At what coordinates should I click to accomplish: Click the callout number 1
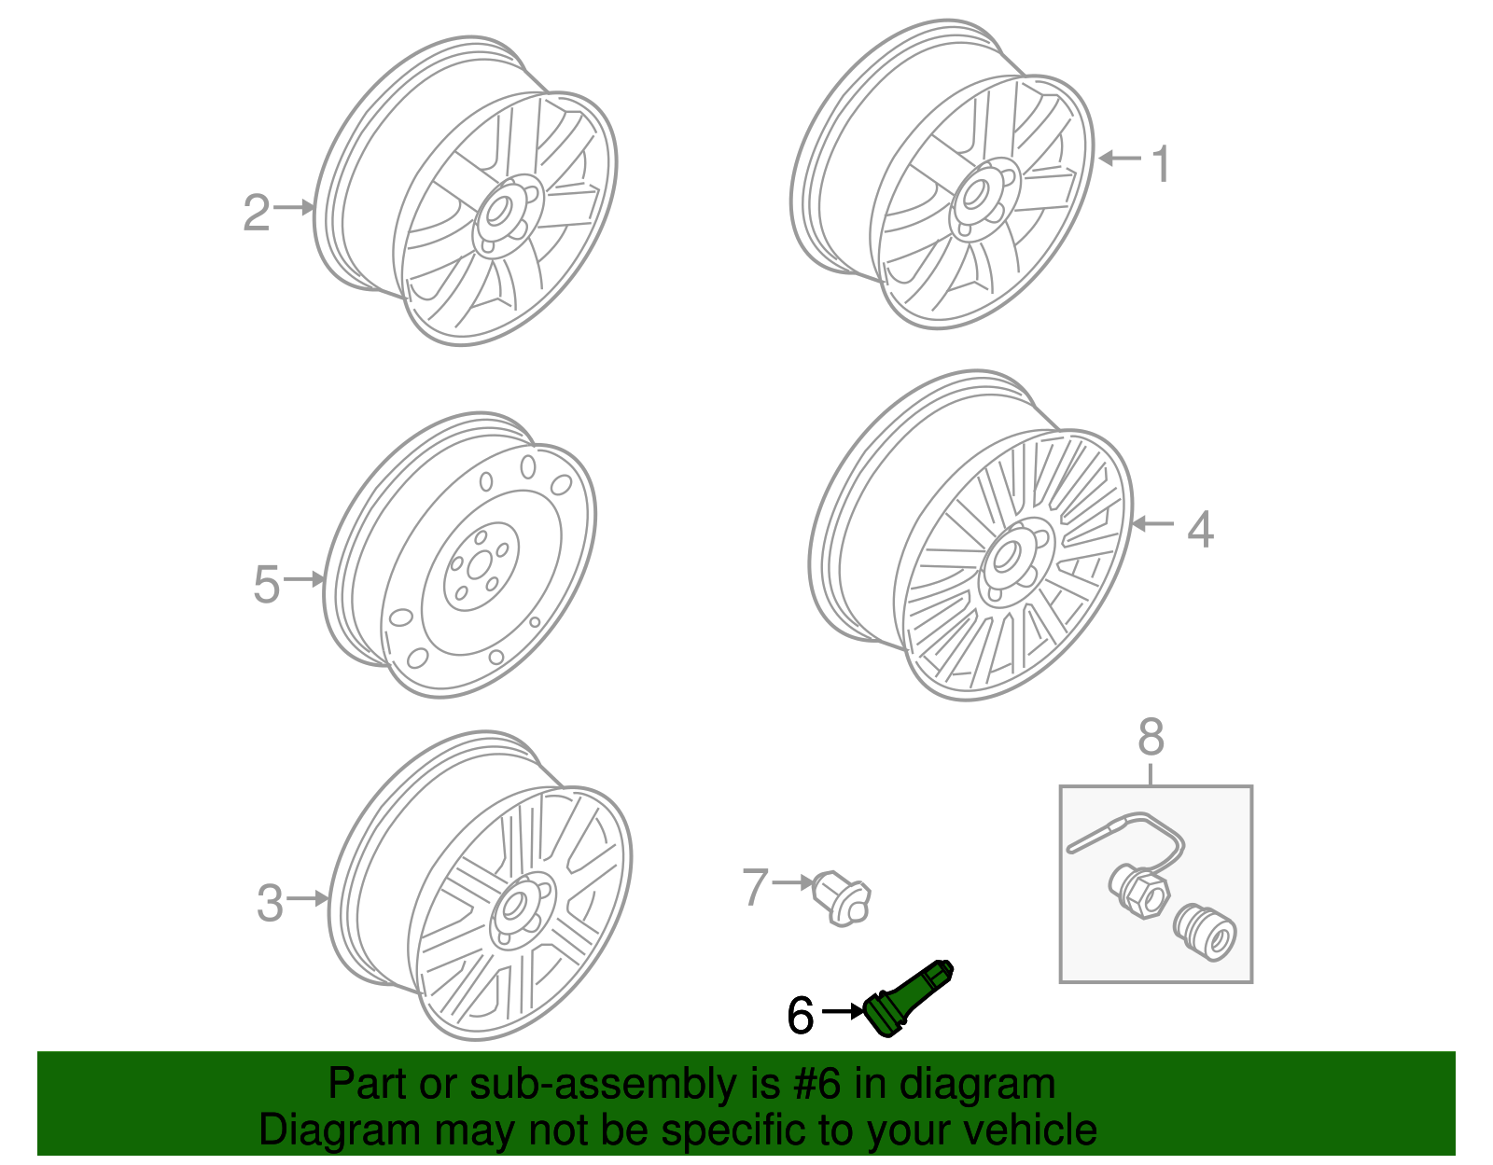[1161, 165]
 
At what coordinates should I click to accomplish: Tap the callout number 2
[257, 213]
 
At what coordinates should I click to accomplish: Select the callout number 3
[270, 903]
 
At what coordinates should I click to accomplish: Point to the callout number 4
[1200, 529]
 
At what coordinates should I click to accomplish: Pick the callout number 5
[266, 585]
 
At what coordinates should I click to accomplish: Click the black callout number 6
[801, 1015]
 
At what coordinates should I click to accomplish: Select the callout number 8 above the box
[1151, 737]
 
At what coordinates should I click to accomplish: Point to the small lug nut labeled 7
[843, 897]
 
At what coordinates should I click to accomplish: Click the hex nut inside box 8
[1139, 891]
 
